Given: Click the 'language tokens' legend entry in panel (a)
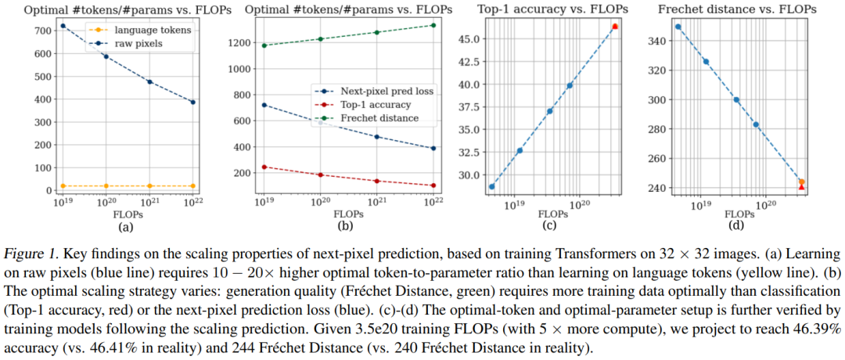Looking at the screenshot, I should point(144,31).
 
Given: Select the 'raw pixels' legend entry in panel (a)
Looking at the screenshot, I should point(138,44).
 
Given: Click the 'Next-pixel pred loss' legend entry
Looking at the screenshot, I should point(383,92).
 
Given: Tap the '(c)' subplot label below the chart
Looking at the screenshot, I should point(549,226).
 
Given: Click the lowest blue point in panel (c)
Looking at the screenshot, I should point(492,186).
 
